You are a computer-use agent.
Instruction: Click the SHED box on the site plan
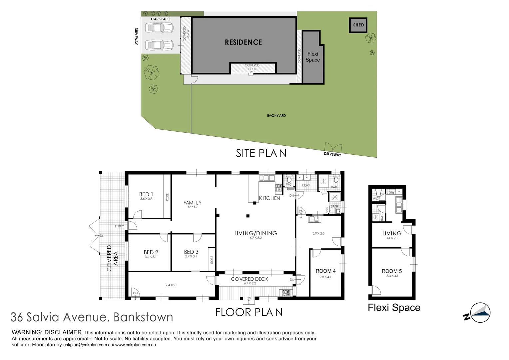[358, 25]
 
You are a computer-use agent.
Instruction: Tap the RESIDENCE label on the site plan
[243, 42]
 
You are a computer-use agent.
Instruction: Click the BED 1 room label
[146, 194]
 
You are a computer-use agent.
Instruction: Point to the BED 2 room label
[151, 252]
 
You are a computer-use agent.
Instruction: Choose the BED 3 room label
[191, 252]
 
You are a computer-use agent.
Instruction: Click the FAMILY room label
[193, 203]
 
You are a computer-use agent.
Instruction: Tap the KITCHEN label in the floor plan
[269, 198]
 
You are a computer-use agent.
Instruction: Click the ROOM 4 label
[325, 271]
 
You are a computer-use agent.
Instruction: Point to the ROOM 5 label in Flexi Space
[392, 271]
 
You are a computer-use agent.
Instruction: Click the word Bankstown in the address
[143, 317]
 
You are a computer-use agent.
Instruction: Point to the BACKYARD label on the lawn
[276, 116]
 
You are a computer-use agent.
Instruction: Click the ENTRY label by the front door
[119, 226]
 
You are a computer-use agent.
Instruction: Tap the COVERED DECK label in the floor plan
[249, 279]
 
